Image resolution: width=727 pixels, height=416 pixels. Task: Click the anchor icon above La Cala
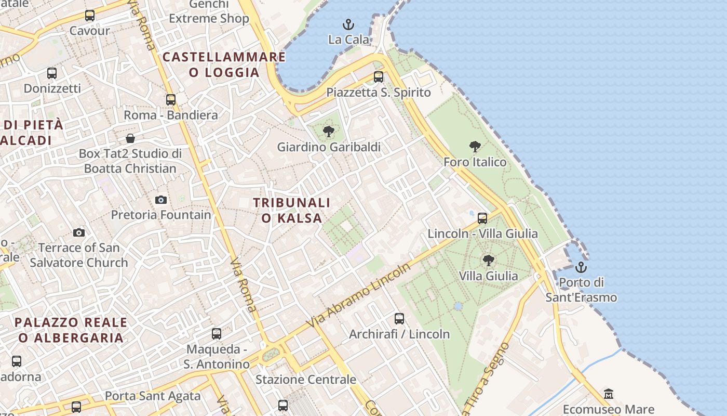pos(348,24)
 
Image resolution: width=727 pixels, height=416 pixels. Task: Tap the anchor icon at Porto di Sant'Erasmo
pos(581,267)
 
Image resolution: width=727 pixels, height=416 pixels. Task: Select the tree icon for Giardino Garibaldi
pos(328,132)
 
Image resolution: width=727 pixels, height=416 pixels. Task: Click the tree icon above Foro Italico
pos(475,147)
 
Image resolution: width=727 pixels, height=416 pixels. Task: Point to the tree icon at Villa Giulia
pos(488,260)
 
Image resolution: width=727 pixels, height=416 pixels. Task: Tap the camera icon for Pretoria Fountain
pos(161,200)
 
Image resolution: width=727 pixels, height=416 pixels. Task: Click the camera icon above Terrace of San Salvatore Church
pos(79,232)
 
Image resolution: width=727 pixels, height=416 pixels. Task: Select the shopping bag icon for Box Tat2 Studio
pos(130,138)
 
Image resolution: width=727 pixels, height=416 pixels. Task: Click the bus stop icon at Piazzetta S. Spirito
pos(379,77)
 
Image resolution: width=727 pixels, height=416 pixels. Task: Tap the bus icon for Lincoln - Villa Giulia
pos(482,218)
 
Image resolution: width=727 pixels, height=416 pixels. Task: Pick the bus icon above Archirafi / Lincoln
pos(399,319)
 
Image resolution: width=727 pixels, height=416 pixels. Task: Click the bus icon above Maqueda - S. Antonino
pos(217,334)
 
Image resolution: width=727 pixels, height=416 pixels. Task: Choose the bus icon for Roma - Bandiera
pos(171,100)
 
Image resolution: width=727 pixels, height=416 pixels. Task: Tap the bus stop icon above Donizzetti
pos(52,73)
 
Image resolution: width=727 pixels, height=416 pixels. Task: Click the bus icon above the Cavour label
pos(90,16)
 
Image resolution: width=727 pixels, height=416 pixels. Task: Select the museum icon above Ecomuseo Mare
pos(609,394)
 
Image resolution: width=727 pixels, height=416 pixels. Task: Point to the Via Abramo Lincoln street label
pos(359,295)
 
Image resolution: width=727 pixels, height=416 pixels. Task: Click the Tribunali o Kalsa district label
pos(292,210)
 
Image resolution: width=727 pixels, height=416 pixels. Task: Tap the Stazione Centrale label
pos(306,380)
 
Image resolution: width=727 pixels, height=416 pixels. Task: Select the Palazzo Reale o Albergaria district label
pos(71,330)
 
